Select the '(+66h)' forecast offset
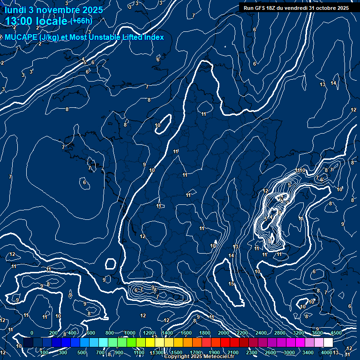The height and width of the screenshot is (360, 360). click(81, 21)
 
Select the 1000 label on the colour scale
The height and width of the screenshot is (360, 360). click(130, 333)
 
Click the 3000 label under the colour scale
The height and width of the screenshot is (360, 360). click(289, 352)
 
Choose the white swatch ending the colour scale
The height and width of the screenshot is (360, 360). click(328, 343)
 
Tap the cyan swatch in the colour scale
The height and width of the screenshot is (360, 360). click(103, 343)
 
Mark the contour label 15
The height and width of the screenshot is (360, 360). click(231, 284)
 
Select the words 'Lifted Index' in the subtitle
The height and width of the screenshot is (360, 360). click(145, 37)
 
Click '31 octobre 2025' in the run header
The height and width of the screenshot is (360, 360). click(330, 8)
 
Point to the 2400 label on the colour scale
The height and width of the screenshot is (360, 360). click(261, 333)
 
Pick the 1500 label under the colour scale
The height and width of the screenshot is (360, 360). click(177, 352)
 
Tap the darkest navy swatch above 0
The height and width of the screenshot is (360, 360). click(28, 343)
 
